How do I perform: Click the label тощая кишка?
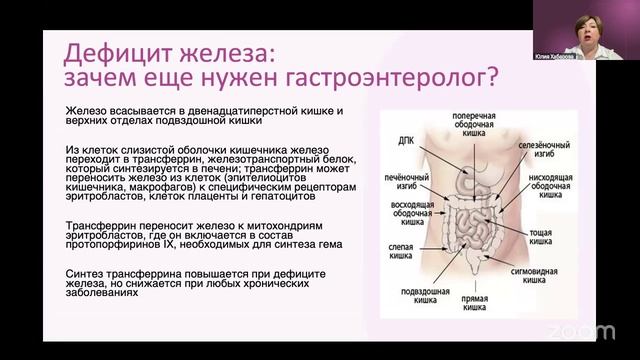click(x=541, y=236)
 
